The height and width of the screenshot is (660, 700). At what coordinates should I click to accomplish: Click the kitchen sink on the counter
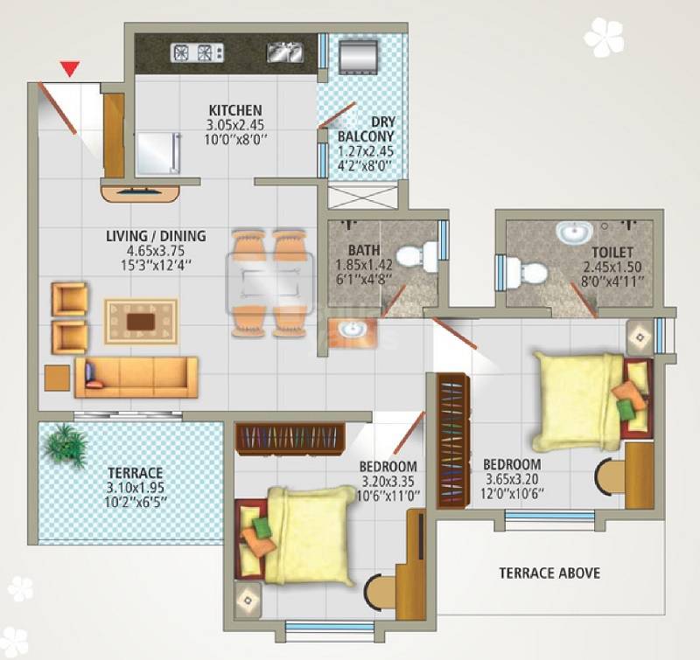(285, 52)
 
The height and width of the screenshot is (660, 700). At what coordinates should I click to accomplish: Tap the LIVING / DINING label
(156, 236)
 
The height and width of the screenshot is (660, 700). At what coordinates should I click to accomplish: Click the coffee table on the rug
(141, 321)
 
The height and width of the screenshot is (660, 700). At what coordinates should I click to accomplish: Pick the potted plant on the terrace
(65, 443)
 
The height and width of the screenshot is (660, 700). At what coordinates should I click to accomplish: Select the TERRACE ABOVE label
(549, 573)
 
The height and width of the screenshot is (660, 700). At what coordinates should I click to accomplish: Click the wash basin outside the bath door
(353, 330)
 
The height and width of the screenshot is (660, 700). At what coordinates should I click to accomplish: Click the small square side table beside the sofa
(57, 377)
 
